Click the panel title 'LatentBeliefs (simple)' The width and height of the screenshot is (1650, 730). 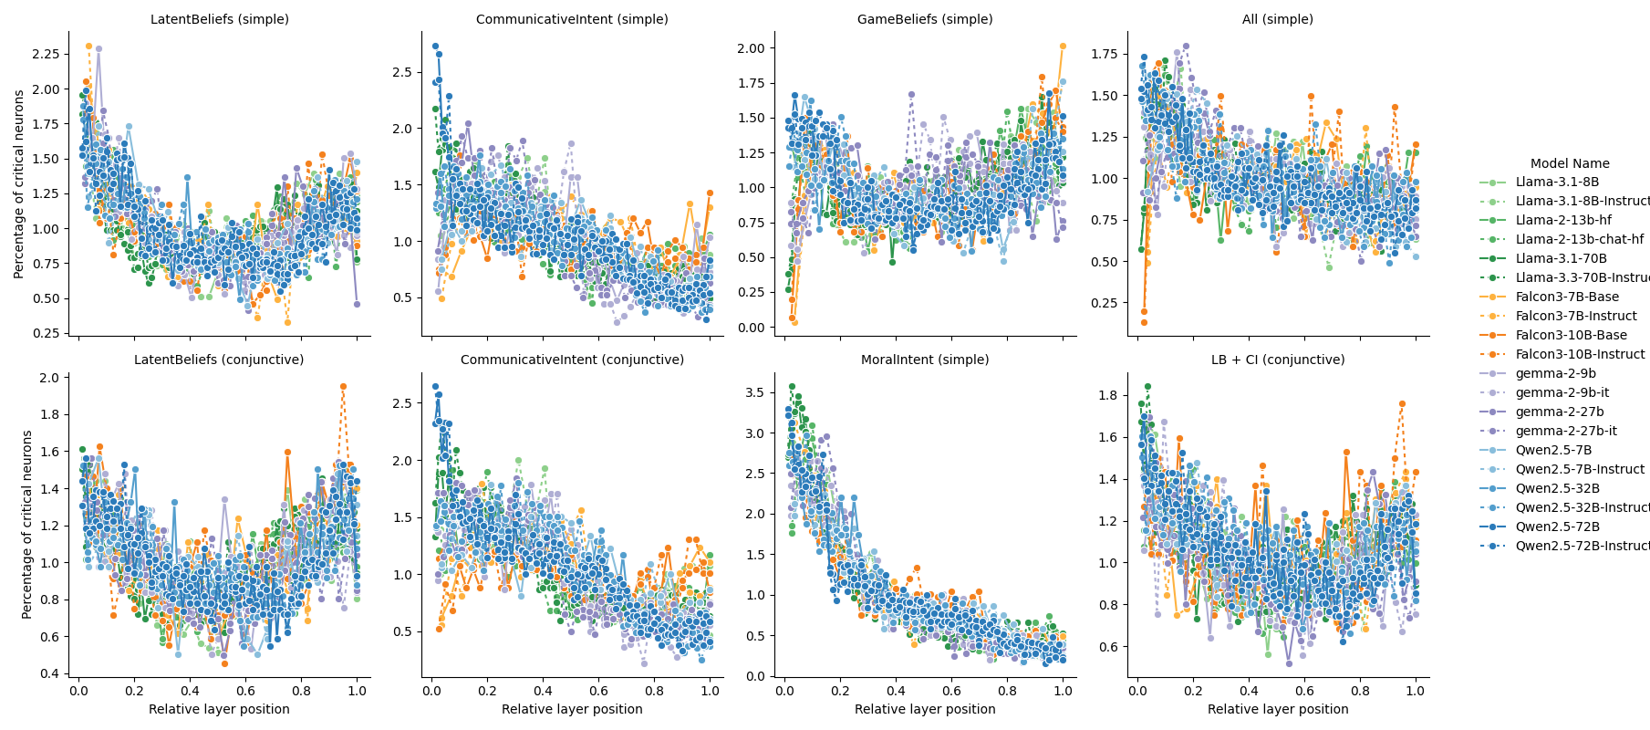[x=219, y=19]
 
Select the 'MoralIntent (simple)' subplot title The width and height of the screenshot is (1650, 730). [x=925, y=360]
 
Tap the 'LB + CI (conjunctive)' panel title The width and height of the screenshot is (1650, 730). [x=1278, y=360]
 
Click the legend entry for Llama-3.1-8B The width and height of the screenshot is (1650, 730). [x=1557, y=182]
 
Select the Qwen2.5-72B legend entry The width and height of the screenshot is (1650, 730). [x=1557, y=527]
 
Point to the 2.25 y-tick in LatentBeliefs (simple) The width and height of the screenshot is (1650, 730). [x=46, y=54]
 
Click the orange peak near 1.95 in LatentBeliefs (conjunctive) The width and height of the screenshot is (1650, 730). [x=343, y=386]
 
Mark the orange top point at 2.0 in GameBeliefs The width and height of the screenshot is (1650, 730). [x=1063, y=46]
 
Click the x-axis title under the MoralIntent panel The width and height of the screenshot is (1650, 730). [x=925, y=709]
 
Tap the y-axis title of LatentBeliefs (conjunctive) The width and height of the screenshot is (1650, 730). [x=27, y=525]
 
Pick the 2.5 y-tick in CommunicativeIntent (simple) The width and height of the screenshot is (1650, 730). [x=402, y=72]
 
